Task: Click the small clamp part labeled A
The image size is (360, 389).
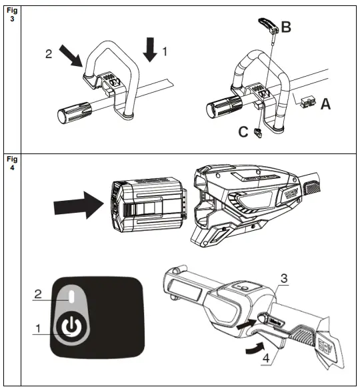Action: pos(307,101)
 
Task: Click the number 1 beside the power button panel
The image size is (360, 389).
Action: pos(37,328)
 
